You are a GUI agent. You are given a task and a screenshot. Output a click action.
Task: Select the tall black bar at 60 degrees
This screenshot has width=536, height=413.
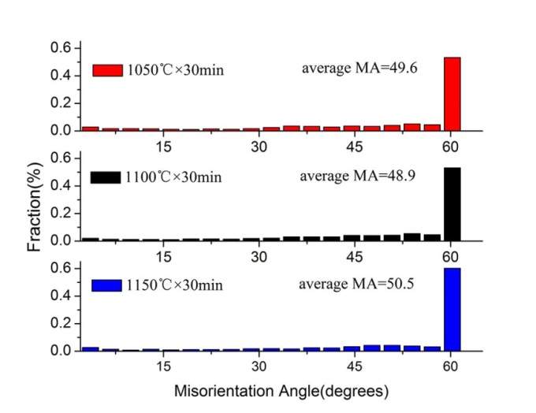(x=452, y=203)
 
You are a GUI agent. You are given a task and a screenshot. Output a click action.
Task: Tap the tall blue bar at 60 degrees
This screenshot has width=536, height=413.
(x=452, y=309)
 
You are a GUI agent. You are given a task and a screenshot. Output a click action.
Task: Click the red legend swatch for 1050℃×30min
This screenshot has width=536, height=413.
(x=107, y=70)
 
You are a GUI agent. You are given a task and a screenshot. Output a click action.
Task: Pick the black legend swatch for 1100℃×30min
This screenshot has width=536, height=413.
(x=106, y=177)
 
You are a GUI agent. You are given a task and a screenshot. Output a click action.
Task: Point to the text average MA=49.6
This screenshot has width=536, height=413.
(x=359, y=68)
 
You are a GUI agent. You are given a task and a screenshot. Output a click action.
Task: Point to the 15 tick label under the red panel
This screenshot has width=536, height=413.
(x=163, y=147)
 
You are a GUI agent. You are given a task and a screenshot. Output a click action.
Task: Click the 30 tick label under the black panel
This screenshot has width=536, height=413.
(x=259, y=257)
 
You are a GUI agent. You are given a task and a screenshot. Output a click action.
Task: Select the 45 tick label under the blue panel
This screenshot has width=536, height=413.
(x=354, y=366)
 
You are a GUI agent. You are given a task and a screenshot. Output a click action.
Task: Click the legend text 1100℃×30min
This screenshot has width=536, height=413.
(x=173, y=177)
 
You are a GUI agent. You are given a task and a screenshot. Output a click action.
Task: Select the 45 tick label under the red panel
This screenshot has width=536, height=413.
(x=354, y=147)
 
